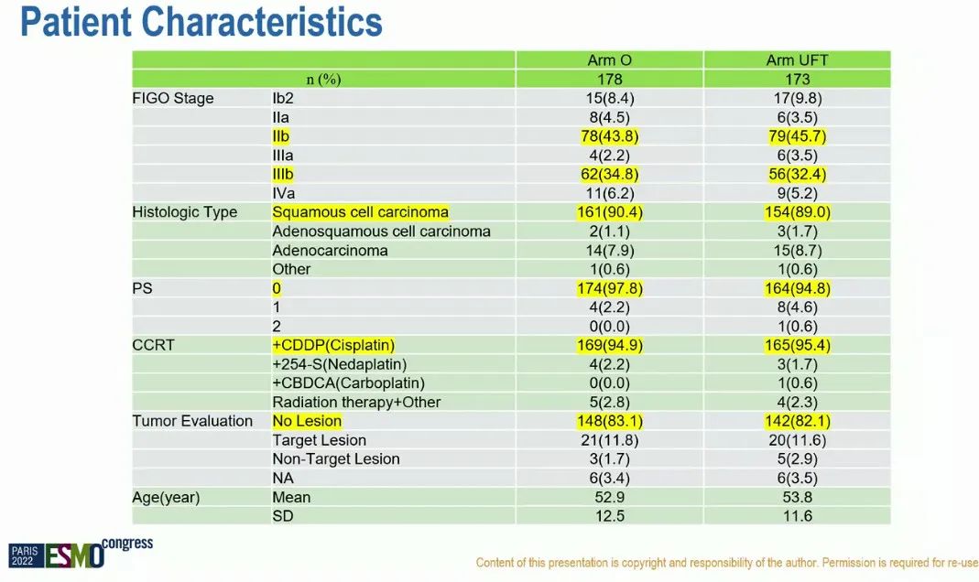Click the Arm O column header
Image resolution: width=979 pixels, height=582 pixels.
[x=609, y=60]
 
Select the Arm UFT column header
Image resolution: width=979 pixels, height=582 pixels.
[x=797, y=60]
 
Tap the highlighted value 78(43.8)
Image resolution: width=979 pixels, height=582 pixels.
[x=609, y=136]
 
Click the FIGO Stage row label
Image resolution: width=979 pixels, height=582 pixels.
[x=173, y=98]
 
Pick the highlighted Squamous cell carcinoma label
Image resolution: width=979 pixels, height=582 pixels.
[x=360, y=212]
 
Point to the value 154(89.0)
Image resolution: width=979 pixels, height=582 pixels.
[x=797, y=212]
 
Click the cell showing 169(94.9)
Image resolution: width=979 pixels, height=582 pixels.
[x=609, y=345]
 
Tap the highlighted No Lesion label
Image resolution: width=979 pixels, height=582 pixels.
[x=307, y=421]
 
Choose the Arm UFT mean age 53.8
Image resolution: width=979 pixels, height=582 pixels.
[x=797, y=498]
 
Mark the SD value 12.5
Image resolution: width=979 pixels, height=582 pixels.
[x=609, y=517]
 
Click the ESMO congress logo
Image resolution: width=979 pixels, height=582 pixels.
[x=81, y=552]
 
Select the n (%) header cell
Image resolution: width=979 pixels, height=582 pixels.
[x=323, y=80]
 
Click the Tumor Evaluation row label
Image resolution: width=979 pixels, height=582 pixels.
[x=192, y=421]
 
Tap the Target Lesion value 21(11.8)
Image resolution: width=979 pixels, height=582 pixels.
[x=609, y=440]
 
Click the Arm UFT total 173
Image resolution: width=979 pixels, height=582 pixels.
[x=797, y=80]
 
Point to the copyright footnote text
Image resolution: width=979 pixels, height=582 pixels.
[x=726, y=563]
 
